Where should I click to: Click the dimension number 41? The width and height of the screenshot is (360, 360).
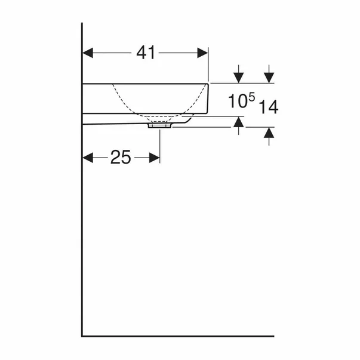tap(146, 53)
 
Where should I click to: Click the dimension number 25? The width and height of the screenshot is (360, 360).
tap(121, 157)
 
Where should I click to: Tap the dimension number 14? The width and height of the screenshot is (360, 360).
tap(269, 107)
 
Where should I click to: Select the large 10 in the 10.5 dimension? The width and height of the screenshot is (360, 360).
tap(238, 101)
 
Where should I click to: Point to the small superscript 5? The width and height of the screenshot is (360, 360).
tap(252, 97)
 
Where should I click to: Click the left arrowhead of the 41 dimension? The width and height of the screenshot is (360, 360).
tap(88, 53)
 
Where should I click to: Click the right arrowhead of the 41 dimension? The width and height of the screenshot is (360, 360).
tap(202, 53)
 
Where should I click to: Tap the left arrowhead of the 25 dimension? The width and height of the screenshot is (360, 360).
tap(88, 158)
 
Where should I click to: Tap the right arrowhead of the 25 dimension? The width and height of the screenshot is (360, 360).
tap(154, 158)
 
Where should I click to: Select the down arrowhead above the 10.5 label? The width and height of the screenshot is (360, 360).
tap(239, 78)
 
